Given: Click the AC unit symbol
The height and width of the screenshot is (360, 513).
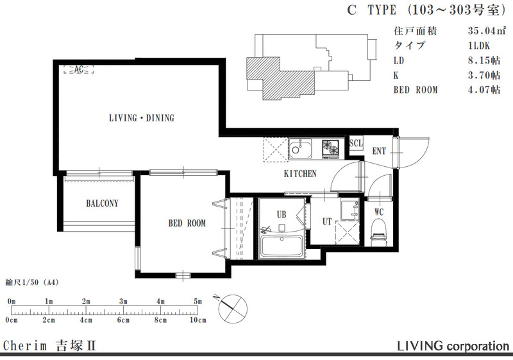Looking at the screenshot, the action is [x=78, y=69].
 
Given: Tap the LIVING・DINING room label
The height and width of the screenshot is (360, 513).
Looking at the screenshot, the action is [x=142, y=118].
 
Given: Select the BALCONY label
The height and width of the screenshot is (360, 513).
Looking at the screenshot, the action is [x=102, y=203].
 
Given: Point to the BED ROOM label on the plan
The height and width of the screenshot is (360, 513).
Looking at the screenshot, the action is [x=187, y=223].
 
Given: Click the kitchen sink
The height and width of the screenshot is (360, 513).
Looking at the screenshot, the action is [x=300, y=149].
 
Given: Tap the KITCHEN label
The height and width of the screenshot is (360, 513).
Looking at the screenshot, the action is [x=300, y=173].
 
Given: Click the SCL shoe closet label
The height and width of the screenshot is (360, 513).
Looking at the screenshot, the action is [x=356, y=143].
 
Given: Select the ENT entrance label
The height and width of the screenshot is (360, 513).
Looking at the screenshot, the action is [x=379, y=151].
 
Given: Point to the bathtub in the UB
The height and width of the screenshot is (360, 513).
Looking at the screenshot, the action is [x=282, y=246].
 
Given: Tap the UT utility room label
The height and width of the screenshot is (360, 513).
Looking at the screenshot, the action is [x=327, y=221].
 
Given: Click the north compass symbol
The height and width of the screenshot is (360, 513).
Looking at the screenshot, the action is [x=233, y=308].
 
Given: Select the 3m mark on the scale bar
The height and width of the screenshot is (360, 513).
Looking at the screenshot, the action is [x=123, y=302].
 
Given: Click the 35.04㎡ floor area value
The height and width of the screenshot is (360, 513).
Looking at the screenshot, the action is [x=487, y=30].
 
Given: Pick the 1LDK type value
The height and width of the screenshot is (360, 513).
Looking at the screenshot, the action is [x=479, y=45].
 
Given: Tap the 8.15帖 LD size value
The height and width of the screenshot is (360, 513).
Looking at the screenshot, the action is [x=484, y=60].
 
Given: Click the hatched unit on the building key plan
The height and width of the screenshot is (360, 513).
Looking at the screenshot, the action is [x=281, y=78].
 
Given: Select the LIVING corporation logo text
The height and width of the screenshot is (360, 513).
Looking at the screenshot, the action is [x=453, y=346].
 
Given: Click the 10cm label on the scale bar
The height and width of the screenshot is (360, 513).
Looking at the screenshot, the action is [x=198, y=320].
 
